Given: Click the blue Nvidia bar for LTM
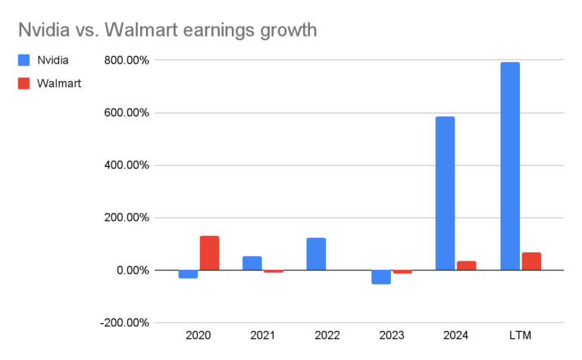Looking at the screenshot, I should point(510,166).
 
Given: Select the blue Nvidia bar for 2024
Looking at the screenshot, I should point(446,193).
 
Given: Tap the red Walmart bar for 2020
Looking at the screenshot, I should point(209,253).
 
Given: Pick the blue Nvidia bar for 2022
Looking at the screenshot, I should point(316,254).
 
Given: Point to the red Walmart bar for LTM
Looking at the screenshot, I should point(531,261).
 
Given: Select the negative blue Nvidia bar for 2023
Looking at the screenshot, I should point(381,277).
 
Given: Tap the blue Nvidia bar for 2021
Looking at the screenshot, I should point(252,263).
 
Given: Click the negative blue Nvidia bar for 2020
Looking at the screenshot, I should point(188,274).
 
